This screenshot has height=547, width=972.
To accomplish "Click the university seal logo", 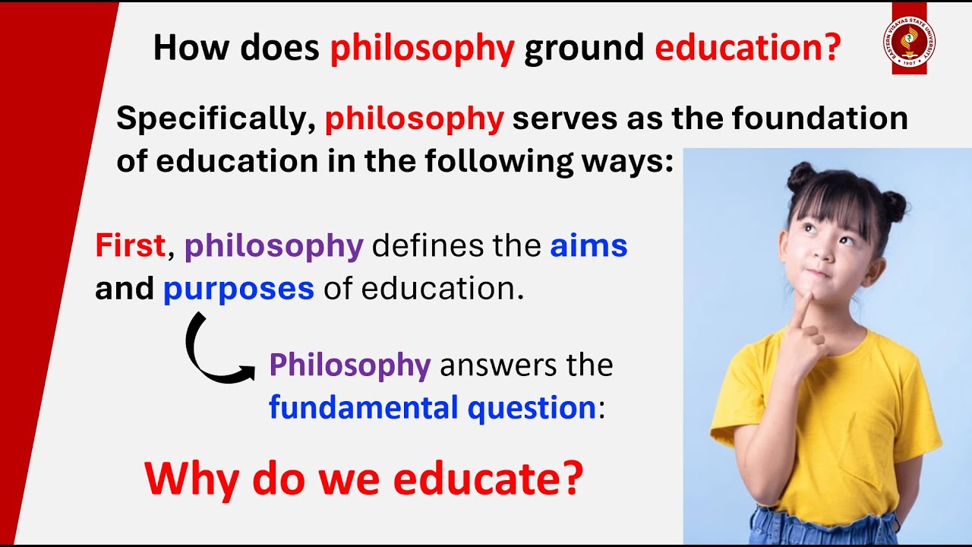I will (x=909, y=40).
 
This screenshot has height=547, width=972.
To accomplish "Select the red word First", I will (x=130, y=246).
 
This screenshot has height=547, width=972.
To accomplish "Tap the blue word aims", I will (x=589, y=246).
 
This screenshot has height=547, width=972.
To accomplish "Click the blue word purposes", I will (x=238, y=289).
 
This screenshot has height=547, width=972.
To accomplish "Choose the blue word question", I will (x=532, y=408).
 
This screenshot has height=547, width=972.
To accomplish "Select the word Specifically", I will (x=216, y=119).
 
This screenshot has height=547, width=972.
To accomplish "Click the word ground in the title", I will (x=584, y=49).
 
